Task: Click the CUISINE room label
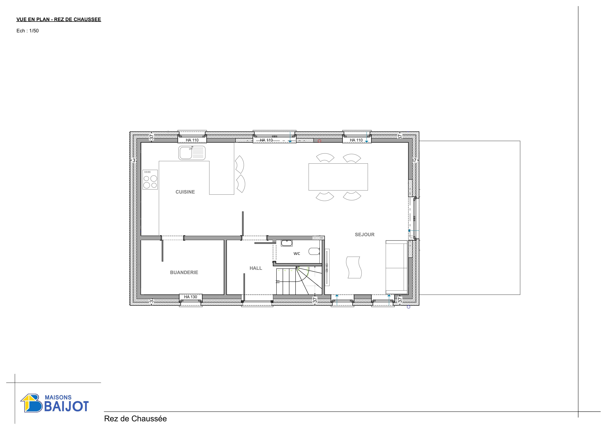185,192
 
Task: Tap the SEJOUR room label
365,235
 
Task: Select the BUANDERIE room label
184,272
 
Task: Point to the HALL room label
256,268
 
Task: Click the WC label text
297,254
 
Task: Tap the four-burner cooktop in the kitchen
150,180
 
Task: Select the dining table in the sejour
338,177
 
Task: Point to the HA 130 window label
191,297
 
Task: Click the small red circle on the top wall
319,141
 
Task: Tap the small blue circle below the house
408,307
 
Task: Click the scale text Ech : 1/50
28,31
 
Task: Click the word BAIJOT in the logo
66,406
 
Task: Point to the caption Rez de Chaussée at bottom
135,419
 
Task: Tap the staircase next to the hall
299,281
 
